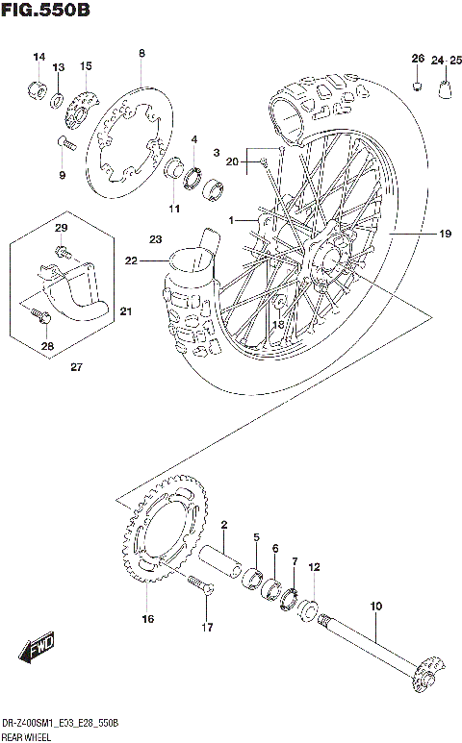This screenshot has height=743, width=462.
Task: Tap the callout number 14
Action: point(39,58)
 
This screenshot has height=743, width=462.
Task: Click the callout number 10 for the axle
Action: point(375,607)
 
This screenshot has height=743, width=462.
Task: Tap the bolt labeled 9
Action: point(64,143)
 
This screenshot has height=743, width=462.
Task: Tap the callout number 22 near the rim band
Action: point(131,260)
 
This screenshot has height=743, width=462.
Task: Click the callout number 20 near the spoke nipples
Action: point(231,161)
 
